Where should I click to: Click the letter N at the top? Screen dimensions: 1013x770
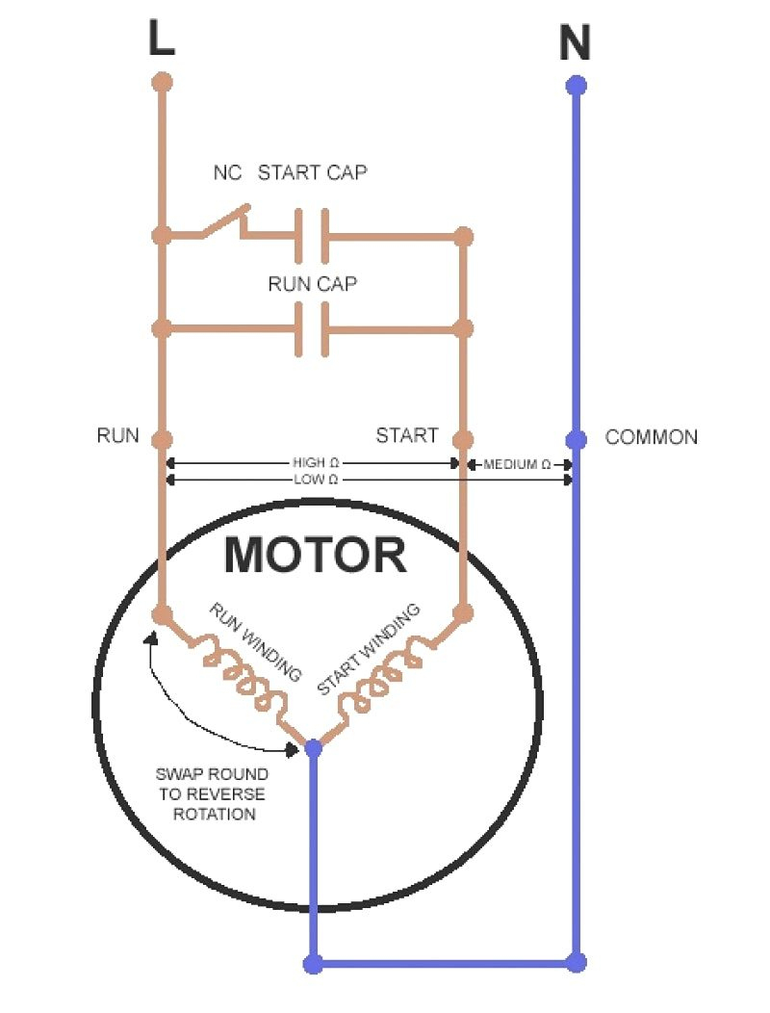coord(576,43)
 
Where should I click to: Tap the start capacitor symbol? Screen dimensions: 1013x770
coord(312,235)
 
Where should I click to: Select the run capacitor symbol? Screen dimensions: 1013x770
coord(312,329)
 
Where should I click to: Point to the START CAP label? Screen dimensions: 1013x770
coord(312,173)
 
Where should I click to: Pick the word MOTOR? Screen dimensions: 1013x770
coord(315,556)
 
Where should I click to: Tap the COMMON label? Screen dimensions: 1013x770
coord(651,437)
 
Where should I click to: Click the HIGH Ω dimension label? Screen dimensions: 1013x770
coord(315,463)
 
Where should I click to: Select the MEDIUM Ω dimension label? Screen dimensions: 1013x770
coord(517,464)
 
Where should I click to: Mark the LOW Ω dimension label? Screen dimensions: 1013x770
coord(315,479)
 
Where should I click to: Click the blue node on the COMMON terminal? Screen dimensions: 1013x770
coord(576,439)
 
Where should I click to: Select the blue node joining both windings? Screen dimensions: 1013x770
coord(313,747)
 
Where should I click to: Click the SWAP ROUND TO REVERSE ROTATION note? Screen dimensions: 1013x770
coord(212,794)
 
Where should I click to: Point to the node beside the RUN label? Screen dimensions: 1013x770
coord(162,439)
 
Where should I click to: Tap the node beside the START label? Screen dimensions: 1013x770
coord(463,439)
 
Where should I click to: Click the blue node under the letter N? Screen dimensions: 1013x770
coord(576,86)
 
